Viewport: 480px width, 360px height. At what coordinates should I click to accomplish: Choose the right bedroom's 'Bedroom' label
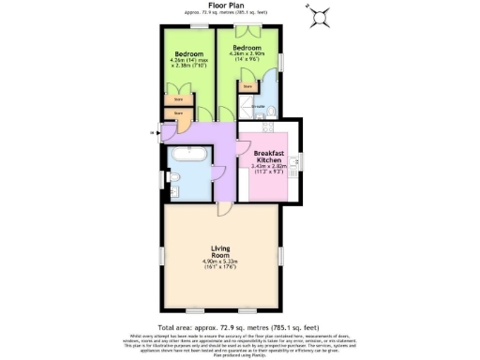click(x=247, y=47)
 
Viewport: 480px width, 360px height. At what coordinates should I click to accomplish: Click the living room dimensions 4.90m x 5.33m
click(x=221, y=262)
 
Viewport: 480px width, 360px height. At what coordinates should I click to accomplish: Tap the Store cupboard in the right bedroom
click(x=247, y=88)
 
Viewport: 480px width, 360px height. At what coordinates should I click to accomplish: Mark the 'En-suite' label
click(x=259, y=107)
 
